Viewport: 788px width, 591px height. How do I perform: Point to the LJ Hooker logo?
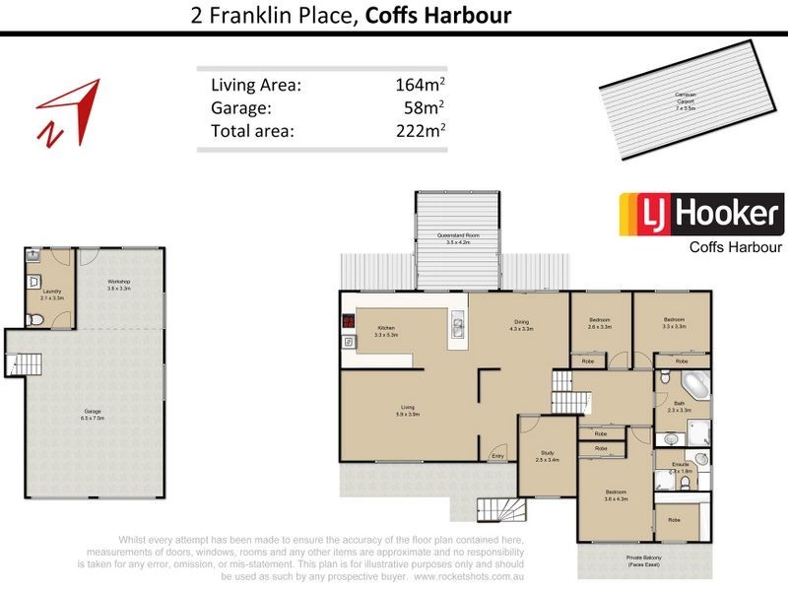tap(700, 215)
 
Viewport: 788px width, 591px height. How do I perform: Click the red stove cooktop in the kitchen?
tap(348, 320)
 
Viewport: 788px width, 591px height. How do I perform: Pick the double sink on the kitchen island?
tap(458, 327)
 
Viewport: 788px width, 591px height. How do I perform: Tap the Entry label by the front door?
tap(497, 456)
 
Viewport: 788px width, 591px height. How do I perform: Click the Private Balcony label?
tap(642, 560)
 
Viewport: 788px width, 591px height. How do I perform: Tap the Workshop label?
tap(119, 285)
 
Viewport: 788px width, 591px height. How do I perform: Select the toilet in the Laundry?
tap(34, 319)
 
